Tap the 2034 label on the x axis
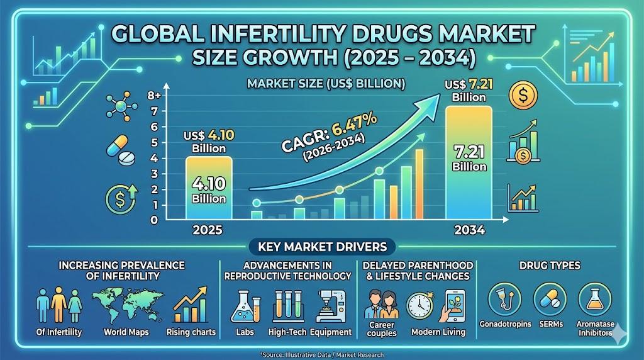[x=469, y=230]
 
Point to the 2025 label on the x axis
[x=208, y=230]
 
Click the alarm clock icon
[x=419, y=305]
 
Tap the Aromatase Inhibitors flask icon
[x=594, y=300]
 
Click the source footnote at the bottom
[x=321, y=355]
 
